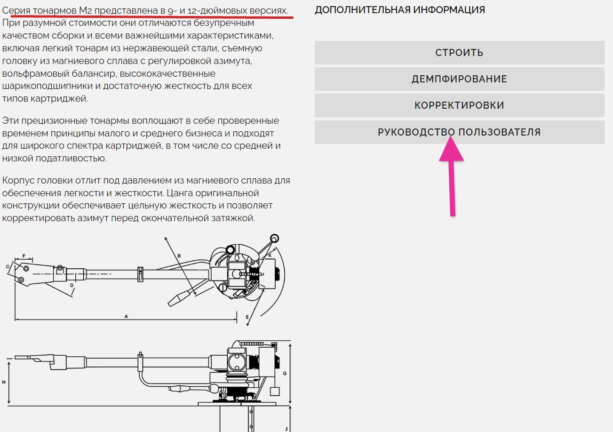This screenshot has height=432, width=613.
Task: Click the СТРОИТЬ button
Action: click(x=459, y=53)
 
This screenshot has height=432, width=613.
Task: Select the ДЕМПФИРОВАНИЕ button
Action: click(x=459, y=79)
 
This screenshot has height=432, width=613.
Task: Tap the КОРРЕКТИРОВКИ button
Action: click(x=459, y=105)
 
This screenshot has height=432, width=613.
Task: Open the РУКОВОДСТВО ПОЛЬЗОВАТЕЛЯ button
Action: click(x=459, y=132)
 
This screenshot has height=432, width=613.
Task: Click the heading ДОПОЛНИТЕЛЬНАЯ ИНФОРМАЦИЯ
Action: click(x=400, y=10)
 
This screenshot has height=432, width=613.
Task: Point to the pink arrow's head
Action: click(x=451, y=136)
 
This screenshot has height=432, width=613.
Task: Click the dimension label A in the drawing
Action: click(x=126, y=316)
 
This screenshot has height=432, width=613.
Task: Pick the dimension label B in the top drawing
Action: click(x=179, y=256)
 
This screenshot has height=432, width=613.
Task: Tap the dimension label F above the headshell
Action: click(x=24, y=256)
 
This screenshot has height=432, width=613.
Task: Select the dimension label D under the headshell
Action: click(x=72, y=285)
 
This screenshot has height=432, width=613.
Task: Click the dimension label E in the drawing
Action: click(x=247, y=317)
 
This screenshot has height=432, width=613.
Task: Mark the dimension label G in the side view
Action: click(x=285, y=373)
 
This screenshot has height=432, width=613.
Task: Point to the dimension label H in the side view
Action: click(x=4, y=382)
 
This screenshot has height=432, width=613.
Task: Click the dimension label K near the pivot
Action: click(x=270, y=256)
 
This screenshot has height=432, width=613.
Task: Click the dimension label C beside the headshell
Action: click(x=8, y=267)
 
